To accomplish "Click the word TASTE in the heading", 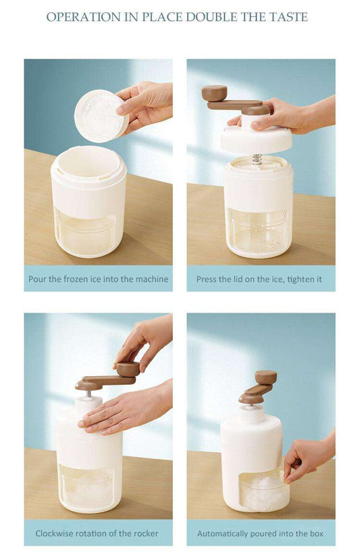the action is click(x=288, y=17).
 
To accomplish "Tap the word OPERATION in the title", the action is click(x=84, y=17).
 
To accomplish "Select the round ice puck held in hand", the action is click(x=101, y=116).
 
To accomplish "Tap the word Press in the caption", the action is click(x=205, y=280).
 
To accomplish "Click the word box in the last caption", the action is click(x=316, y=533).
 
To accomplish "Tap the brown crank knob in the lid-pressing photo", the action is click(x=214, y=93).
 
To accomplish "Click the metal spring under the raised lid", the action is click(x=256, y=159).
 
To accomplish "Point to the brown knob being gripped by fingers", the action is click(x=128, y=369).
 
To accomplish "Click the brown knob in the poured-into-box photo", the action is click(x=266, y=377).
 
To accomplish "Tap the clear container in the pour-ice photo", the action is click(x=84, y=233).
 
